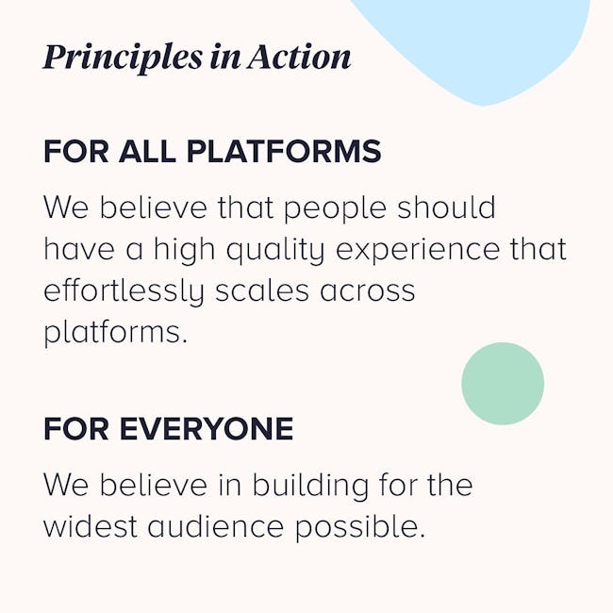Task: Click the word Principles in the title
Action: tap(123, 58)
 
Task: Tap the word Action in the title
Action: tap(299, 58)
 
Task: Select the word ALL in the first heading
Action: tap(147, 151)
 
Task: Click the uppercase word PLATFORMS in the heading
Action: tap(284, 151)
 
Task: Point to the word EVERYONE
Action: tap(207, 429)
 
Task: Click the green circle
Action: tap(503, 384)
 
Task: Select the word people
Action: tap(335, 208)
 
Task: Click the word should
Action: tap(446, 207)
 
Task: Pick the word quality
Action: tap(275, 251)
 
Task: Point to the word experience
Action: tap(418, 251)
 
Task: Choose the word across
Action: tap(367, 292)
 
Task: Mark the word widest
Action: tap(90, 526)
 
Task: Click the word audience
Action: tap(215, 526)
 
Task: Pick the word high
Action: tap(184, 251)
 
